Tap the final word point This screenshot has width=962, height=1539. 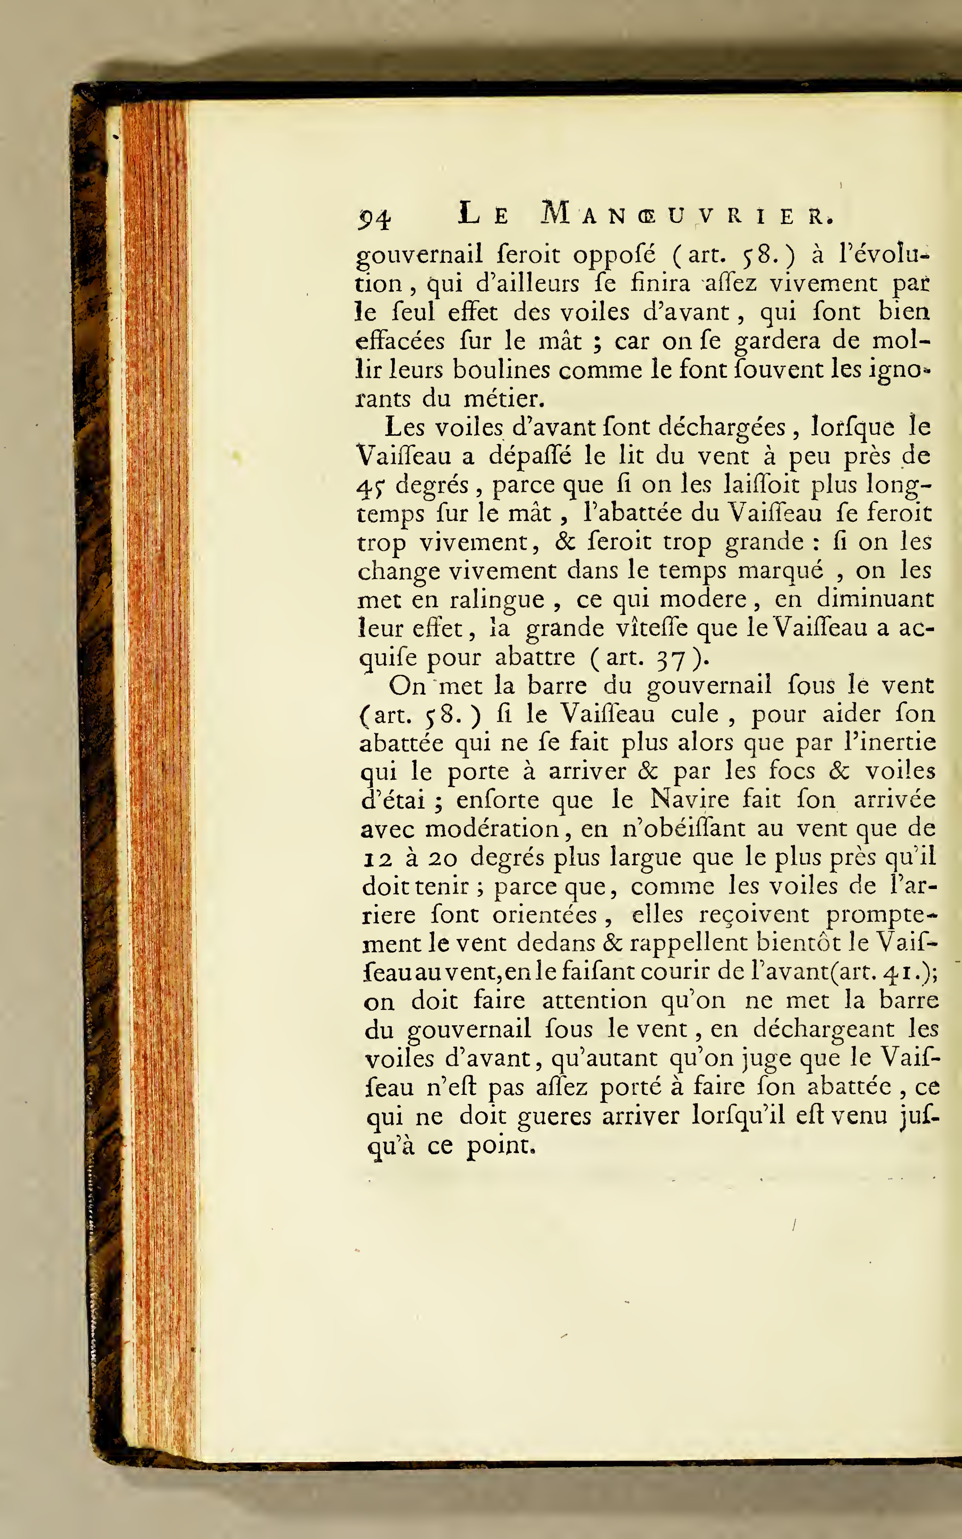coord(500,1146)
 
